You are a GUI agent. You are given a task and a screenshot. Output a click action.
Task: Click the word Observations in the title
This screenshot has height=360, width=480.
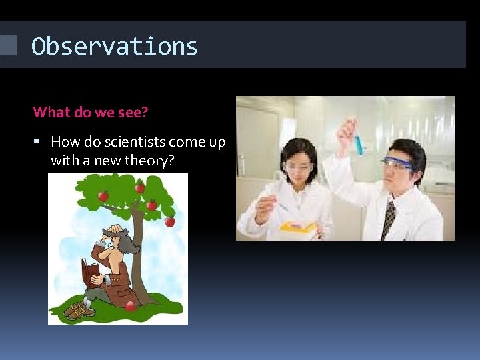(x=115, y=47)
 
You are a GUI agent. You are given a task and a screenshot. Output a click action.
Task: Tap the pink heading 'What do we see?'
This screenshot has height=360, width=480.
(x=90, y=112)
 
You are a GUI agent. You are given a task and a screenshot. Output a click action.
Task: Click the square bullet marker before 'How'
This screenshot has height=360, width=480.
(x=37, y=142)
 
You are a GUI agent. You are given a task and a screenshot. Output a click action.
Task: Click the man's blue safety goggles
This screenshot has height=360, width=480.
(x=395, y=162)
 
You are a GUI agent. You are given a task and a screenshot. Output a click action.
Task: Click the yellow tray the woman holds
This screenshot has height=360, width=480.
(x=299, y=228)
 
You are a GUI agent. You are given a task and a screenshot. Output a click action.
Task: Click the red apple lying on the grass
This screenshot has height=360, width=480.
(x=131, y=306)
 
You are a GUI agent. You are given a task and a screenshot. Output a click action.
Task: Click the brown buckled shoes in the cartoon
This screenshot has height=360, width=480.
(x=79, y=310)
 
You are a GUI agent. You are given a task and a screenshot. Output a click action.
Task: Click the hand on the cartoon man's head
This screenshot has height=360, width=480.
(x=115, y=231)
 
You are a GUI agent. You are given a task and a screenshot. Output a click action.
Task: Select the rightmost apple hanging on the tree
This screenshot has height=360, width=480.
(x=170, y=221)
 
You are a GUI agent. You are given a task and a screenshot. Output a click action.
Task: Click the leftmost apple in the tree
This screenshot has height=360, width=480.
(x=103, y=195)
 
